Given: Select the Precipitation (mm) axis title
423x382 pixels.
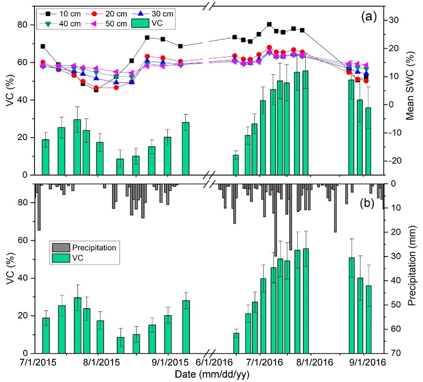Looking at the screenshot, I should pyautogui.click(x=412, y=268).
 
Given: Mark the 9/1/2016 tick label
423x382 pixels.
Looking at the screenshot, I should pyautogui.click(x=364, y=363).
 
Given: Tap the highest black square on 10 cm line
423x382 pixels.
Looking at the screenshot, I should pyautogui.click(x=269, y=24).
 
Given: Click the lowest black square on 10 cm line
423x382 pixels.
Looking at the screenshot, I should pyautogui.click(x=96, y=89).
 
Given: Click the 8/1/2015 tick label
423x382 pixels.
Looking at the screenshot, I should pyautogui.click(x=98, y=363).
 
